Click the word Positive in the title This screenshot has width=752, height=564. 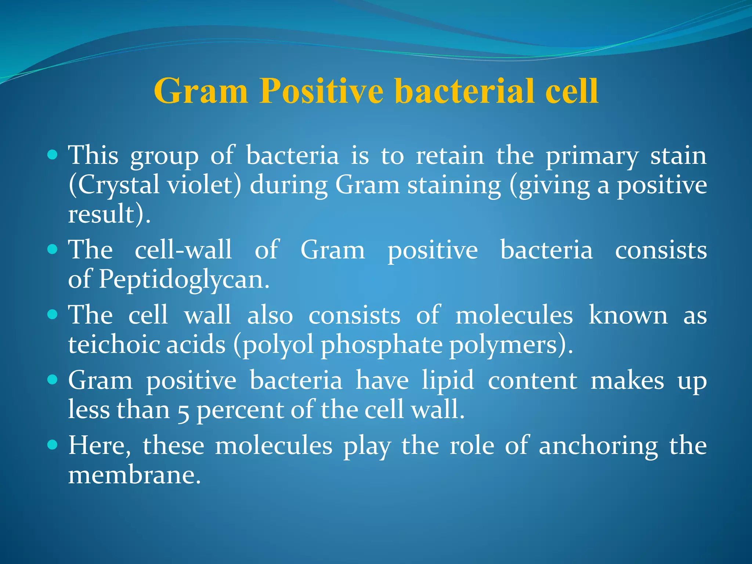pos(321,91)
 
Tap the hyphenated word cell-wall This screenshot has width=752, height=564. pos(183,250)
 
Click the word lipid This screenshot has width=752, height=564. pos(448,380)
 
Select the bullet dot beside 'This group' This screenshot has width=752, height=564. pos(53,155)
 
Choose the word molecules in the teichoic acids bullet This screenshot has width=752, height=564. pos(514,315)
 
